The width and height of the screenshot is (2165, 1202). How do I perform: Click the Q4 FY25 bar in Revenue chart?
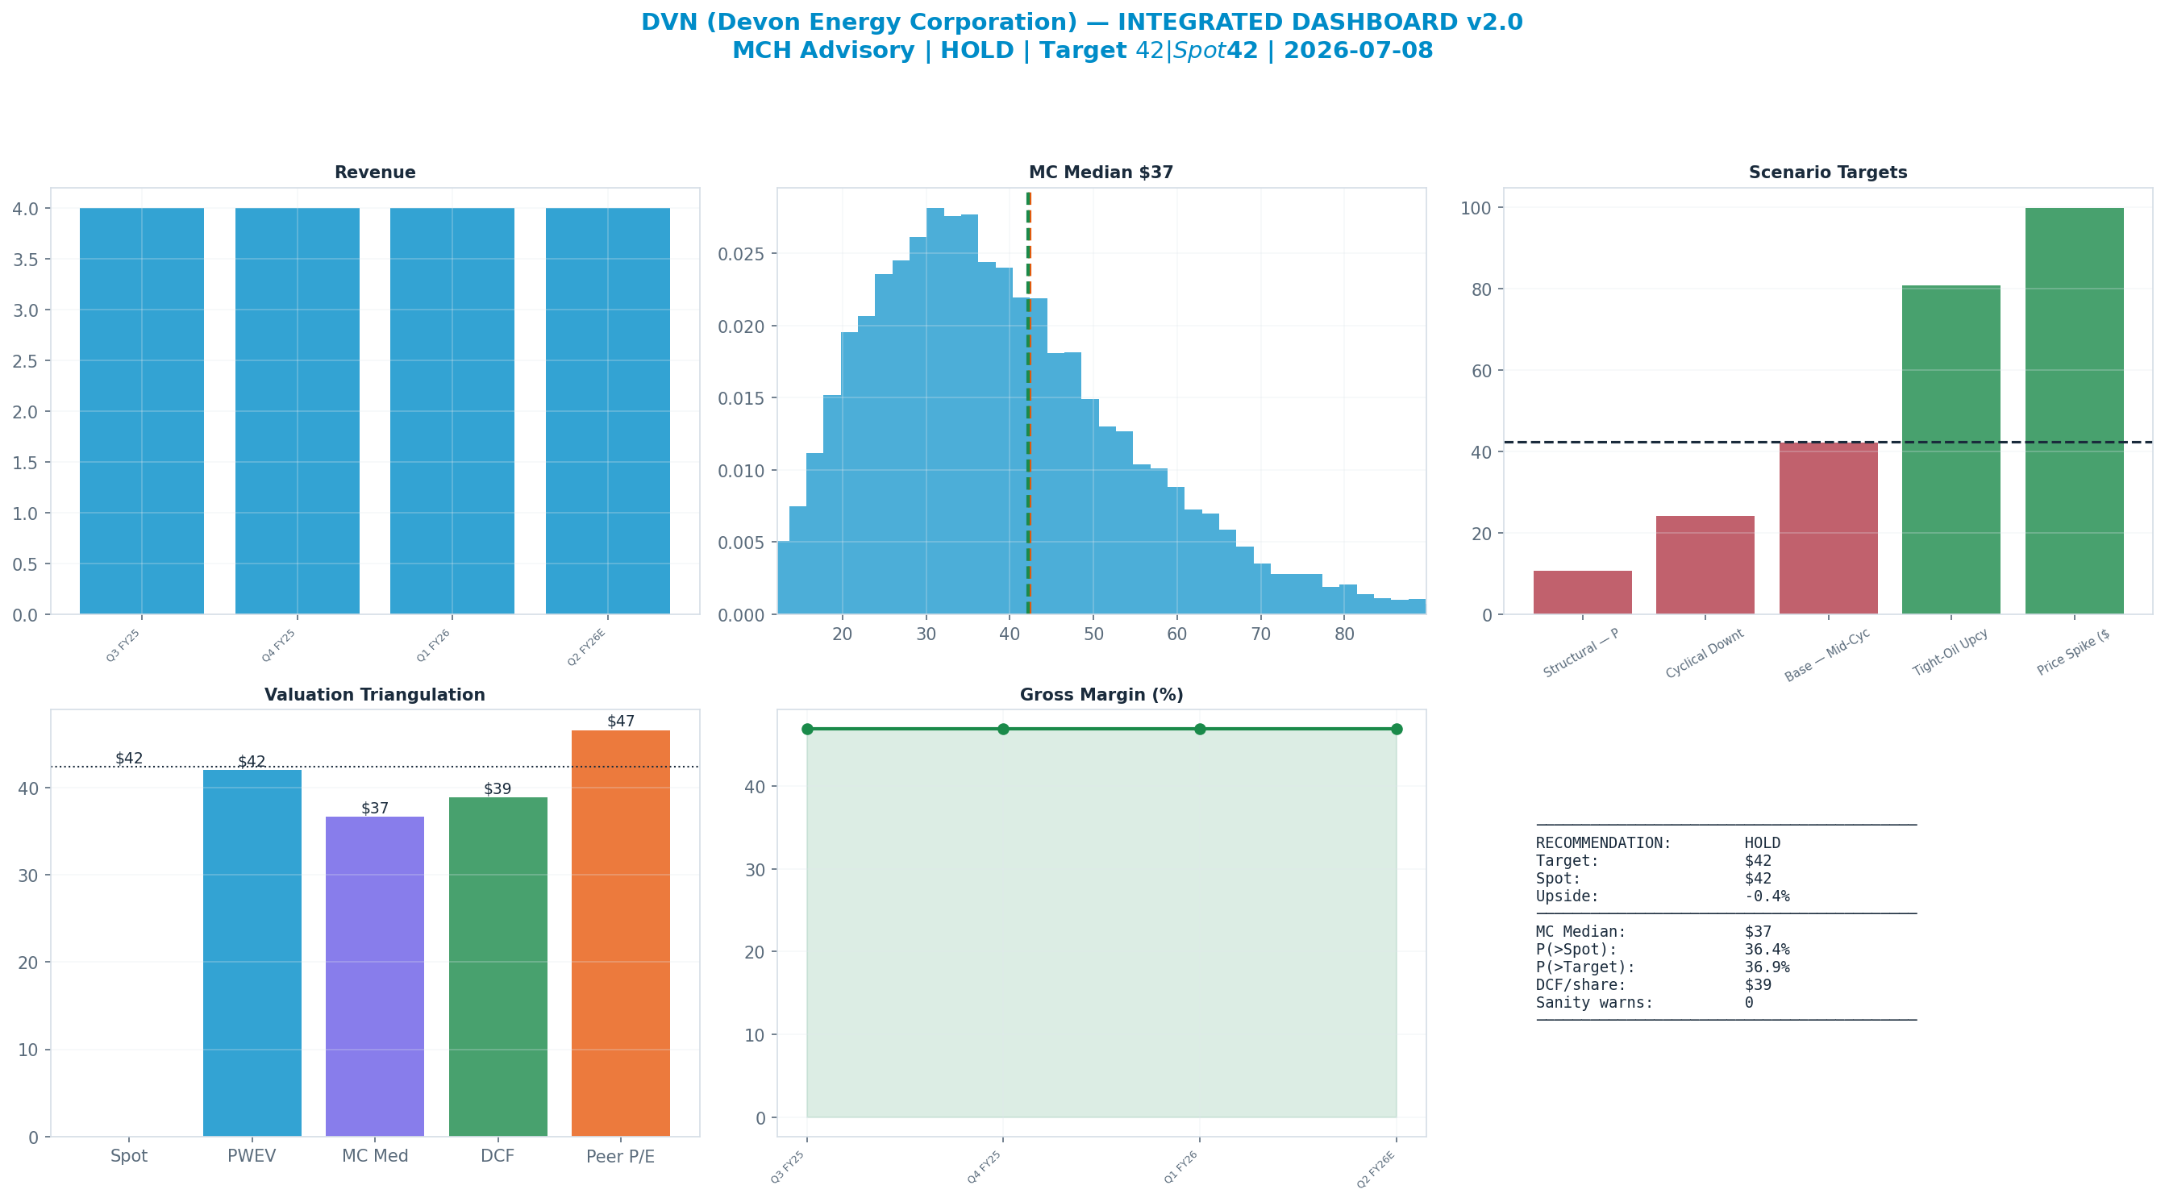pos(297,411)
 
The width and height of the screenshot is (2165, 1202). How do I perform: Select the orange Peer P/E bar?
pos(620,933)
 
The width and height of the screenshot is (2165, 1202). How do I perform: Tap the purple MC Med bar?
pos(375,976)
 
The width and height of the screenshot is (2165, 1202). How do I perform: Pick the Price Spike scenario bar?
pos(2074,411)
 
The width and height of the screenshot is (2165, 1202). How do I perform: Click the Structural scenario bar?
pos(1583,593)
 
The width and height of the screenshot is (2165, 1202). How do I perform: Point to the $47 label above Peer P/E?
pos(621,722)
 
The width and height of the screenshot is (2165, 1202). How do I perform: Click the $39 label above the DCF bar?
pos(498,788)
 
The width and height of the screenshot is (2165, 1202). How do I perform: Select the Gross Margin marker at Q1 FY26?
pos(1199,729)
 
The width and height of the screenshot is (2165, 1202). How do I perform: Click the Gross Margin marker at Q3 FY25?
pos(808,729)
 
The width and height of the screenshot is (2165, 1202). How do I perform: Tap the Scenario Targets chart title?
pos(1828,173)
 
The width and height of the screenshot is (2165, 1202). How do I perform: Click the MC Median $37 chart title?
pos(1101,173)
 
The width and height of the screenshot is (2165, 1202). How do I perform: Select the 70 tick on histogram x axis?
pos(1260,634)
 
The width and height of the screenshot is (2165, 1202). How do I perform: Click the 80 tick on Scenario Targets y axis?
pos(1482,289)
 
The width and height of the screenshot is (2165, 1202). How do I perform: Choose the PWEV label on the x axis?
pos(252,1156)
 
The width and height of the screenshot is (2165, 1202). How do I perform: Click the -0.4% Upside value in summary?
pos(1767,896)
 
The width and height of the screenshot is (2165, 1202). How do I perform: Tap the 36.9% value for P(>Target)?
pos(1767,967)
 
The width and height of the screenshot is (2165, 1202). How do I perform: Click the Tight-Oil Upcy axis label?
pos(1950,653)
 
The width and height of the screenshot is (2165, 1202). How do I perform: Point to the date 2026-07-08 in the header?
pos(1358,51)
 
